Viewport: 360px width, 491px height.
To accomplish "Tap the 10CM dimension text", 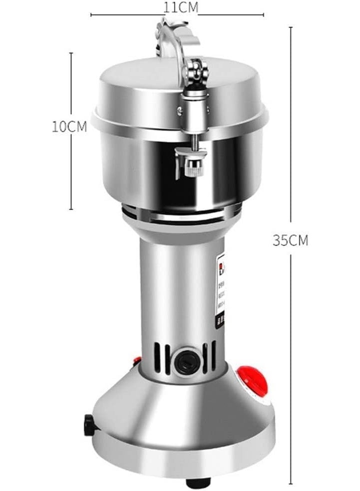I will (x=69, y=126).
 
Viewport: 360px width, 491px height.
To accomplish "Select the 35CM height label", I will (x=290, y=240).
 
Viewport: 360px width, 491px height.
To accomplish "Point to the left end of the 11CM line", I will (x=91, y=15).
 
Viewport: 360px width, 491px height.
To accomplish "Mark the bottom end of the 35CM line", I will (x=291, y=483).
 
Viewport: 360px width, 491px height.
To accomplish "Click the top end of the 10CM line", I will (x=71, y=53).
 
